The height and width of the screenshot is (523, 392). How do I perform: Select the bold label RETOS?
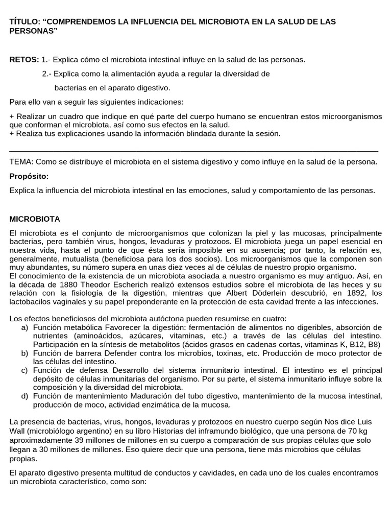tap(24, 60)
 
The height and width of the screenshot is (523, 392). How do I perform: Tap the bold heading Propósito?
tap(29, 176)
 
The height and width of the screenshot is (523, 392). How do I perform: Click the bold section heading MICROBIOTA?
tap(35, 219)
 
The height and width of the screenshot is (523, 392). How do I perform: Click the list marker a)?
tap(24, 327)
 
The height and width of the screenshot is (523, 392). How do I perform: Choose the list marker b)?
tap(24, 353)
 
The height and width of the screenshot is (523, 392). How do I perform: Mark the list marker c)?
tap(24, 370)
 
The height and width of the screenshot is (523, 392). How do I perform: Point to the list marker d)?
tap(24, 396)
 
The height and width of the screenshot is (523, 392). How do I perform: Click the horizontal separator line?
tap(194, 151)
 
